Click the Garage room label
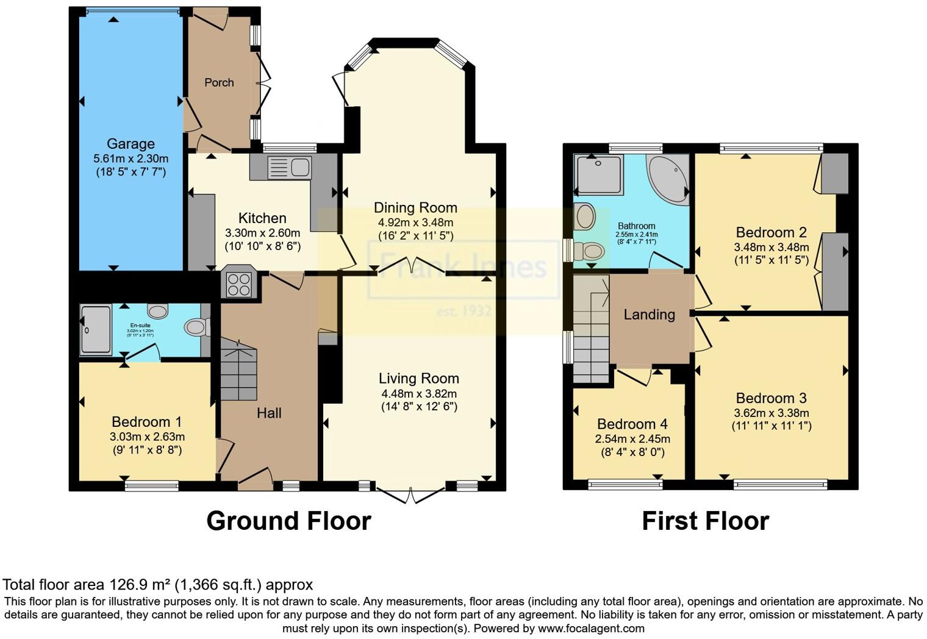[x=131, y=144]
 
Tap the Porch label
[x=219, y=82]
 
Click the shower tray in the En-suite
[x=96, y=329]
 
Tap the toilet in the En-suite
[x=196, y=327]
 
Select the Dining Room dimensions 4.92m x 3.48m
[x=415, y=223]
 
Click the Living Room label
[x=418, y=378]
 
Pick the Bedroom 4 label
[x=632, y=424]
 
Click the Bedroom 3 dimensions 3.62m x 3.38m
[x=771, y=413]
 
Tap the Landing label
[x=649, y=315]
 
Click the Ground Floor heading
[x=288, y=521]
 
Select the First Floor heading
[x=705, y=521]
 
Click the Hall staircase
[x=238, y=371]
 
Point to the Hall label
[x=269, y=413]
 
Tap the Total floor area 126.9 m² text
[x=157, y=585]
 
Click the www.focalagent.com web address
[x=590, y=628]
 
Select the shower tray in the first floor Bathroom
[x=599, y=175]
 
